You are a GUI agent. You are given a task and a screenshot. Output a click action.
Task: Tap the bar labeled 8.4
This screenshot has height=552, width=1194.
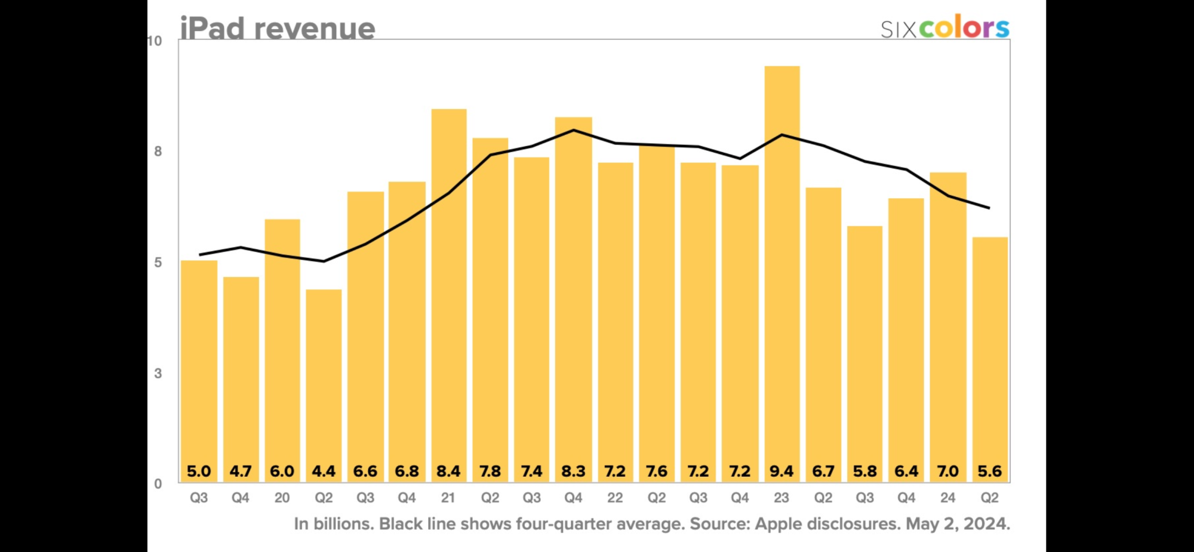click(x=448, y=286)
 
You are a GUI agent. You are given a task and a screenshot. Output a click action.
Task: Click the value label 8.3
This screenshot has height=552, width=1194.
click(x=573, y=471)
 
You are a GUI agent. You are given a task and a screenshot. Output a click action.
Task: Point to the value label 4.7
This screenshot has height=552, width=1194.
click(x=241, y=471)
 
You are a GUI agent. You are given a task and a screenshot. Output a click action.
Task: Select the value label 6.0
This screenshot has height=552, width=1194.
click(x=282, y=471)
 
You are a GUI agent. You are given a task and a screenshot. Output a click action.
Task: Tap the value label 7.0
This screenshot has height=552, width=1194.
click(x=947, y=471)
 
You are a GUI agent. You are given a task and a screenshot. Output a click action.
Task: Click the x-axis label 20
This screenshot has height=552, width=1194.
click(x=282, y=498)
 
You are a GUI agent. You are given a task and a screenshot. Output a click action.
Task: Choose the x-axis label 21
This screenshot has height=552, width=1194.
click(x=448, y=498)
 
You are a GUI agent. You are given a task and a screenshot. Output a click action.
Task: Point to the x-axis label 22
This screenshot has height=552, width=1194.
click(x=615, y=498)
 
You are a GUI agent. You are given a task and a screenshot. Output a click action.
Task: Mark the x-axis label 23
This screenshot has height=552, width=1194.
click(x=781, y=498)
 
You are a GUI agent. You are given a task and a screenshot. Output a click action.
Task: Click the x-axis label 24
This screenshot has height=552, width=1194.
click(x=947, y=498)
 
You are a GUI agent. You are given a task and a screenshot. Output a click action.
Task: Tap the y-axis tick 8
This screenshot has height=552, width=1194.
click(x=158, y=152)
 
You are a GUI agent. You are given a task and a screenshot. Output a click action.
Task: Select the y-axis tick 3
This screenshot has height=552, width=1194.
click(x=158, y=374)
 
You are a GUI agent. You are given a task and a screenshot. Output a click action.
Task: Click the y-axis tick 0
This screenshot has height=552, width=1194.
click(x=158, y=484)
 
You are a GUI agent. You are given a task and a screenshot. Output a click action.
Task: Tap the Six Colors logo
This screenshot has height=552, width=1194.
click(x=944, y=28)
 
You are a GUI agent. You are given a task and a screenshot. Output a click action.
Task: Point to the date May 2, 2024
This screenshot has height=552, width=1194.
click(x=957, y=524)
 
